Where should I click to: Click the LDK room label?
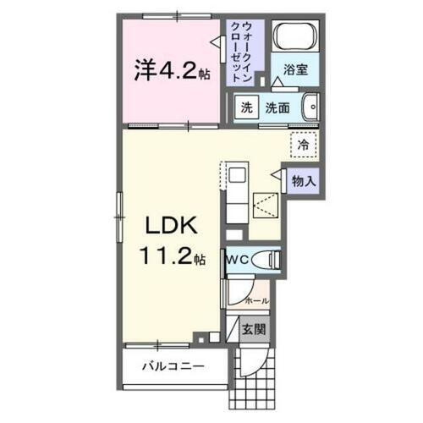[x=173, y=227]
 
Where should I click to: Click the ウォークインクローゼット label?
[x=246, y=49]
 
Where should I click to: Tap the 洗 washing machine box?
[x=245, y=107]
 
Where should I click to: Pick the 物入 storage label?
[x=305, y=179]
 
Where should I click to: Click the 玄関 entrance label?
[x=251, y=329]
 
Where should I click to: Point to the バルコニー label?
[x=173, y=368]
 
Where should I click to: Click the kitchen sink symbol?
[x=238, y=177]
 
